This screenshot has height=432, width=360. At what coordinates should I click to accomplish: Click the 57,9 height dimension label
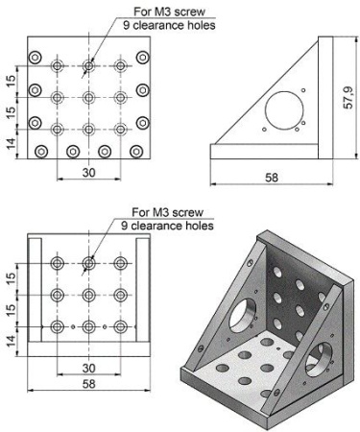(348, 98)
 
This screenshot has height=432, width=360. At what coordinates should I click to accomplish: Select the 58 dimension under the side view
(272, 178)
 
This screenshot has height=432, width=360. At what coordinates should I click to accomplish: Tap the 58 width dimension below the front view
(88, 384)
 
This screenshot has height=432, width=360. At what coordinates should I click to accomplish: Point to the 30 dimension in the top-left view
(88, 173)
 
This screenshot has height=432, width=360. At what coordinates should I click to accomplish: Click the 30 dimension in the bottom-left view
(88, 368)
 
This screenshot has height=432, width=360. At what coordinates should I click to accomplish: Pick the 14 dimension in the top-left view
(12, 144)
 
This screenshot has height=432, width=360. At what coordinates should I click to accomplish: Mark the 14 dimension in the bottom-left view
(12, 341)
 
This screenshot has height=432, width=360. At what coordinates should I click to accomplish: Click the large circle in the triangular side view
(284, 110)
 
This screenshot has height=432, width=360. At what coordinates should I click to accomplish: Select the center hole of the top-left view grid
(88, 97)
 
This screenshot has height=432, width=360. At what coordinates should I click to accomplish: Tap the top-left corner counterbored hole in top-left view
(36, 58)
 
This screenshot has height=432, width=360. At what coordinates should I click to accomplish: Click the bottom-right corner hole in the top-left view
(136, 152)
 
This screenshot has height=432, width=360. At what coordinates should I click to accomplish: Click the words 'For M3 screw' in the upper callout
(169, 12)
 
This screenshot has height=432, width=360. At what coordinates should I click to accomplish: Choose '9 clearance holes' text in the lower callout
(167, 226)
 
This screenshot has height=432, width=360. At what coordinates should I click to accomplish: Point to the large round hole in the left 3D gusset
(243, 315)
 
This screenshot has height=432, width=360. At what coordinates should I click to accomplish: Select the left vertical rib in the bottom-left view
(36, 290)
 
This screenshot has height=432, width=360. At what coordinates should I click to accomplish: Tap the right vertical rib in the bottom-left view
(143, 290)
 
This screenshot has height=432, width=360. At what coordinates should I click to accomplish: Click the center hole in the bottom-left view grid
(88, 295)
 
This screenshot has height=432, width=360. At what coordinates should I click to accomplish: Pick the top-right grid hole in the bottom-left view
(120, 263)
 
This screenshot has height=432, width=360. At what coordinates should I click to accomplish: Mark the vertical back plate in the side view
(325, 98)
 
